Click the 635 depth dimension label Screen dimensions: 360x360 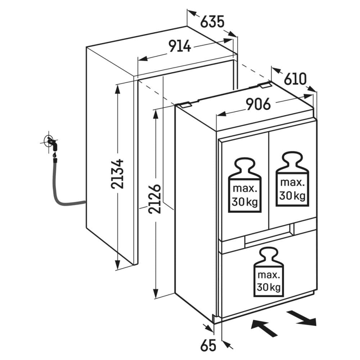click(212, 22)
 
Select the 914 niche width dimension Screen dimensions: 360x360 click(180, 46)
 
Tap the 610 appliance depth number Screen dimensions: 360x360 click(295, 79)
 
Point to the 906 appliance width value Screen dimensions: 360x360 click(258, 104)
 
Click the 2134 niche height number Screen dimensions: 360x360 click(117, 174)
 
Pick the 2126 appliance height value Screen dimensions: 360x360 click(154, 199)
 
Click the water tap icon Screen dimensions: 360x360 click(51, 144)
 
